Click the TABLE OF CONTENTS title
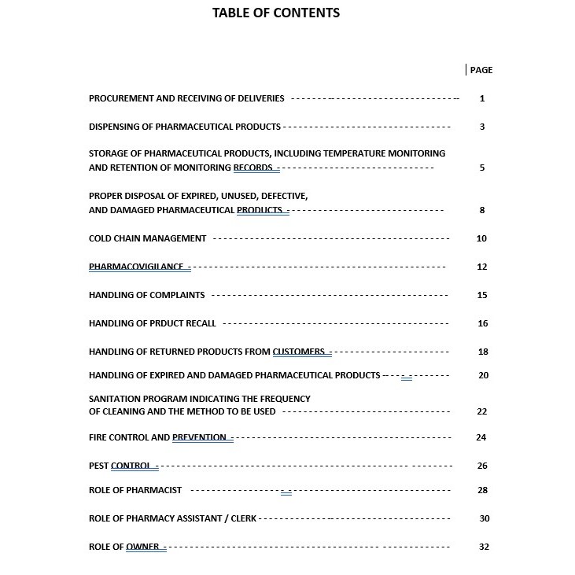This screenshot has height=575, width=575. pyautogui.click(x=276, y=13)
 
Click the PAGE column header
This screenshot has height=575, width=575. pyautogui.click(x=481, y=70)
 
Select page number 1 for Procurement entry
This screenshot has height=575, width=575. pyautogui.click(x=482, y=98)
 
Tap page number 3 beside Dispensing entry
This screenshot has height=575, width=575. pyautogui.click(x=482, y=127)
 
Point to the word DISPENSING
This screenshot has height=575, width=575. pyautogui.click(x=115, y=127)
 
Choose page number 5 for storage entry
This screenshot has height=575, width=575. pyautogui.click(x=482, y=168)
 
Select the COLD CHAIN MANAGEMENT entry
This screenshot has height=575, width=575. pyautogui.click(x=148, y=238)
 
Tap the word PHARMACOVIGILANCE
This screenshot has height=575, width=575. pyautogui.click(x=136, y=267)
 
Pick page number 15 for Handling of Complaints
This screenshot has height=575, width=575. pyautogui.click(x=482, y=295)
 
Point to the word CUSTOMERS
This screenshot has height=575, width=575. pyautogui.click(x=299, y=352)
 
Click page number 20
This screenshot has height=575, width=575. pyautogui.click(x=483, y=375)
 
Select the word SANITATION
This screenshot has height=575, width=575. pyautogui.click(x=118, y=399)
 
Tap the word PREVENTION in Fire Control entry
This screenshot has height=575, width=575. pyautogui.click(x=199, y=437)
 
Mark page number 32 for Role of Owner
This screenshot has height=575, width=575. pyautogui.click(x=484, y=547)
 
